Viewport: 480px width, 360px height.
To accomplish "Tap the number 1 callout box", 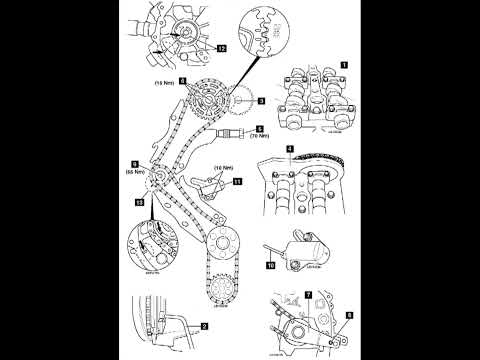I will click(344, 64).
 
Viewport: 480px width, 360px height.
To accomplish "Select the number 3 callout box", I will click(259, 101).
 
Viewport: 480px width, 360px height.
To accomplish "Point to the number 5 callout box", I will click(259, 130).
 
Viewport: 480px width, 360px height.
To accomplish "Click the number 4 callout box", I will click(290, 150).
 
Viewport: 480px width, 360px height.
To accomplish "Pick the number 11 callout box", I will click(237, 183).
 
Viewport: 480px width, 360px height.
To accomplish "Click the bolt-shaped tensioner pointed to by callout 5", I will click(236, 133).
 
